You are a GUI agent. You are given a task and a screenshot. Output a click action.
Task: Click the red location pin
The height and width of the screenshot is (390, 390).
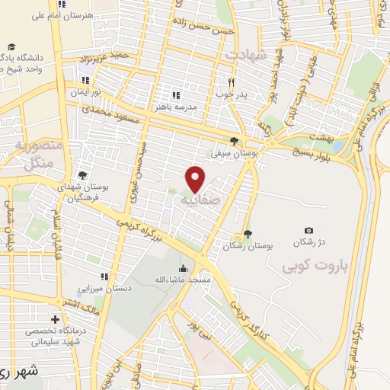click(197, 179)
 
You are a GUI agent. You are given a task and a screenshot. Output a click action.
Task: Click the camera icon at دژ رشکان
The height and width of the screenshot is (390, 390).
click(308, 230)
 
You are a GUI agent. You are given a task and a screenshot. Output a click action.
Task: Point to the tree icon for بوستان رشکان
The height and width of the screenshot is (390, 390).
click(246, 235)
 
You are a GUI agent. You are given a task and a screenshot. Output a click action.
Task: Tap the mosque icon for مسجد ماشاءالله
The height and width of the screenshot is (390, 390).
click(183, 268)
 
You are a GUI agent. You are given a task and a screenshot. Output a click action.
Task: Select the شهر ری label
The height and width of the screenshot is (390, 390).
click(19, 373)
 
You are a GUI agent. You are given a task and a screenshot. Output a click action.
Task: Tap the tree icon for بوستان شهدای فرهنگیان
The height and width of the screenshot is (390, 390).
click(82, 175)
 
